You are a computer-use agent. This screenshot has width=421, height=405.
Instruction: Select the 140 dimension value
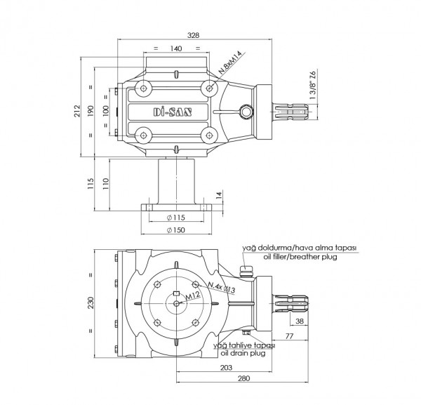[176, 48]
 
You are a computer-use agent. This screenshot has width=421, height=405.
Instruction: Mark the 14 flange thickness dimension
[219, 194]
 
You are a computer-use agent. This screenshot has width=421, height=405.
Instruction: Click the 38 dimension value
[300, 321]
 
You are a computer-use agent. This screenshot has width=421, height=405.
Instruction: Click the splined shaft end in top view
[290, 112]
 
